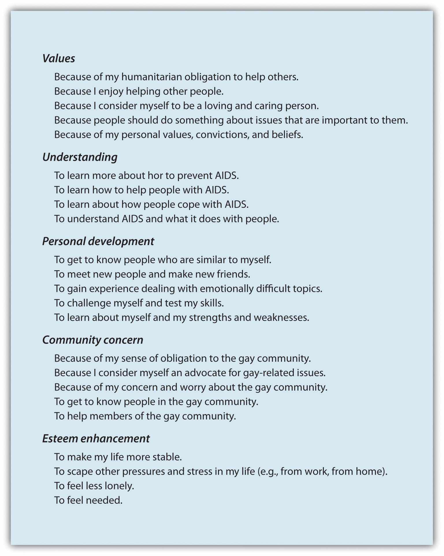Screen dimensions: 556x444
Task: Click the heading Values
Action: coord(59,59)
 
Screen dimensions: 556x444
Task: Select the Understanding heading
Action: coord(80,157)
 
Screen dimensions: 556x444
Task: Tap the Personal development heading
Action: coord(98,241)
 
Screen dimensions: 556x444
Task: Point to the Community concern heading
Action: coord(92,340)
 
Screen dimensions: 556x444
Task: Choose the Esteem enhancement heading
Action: coord(96,438)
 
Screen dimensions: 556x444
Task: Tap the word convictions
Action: coord(222,135)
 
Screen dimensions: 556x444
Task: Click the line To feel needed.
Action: coord(88,500)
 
